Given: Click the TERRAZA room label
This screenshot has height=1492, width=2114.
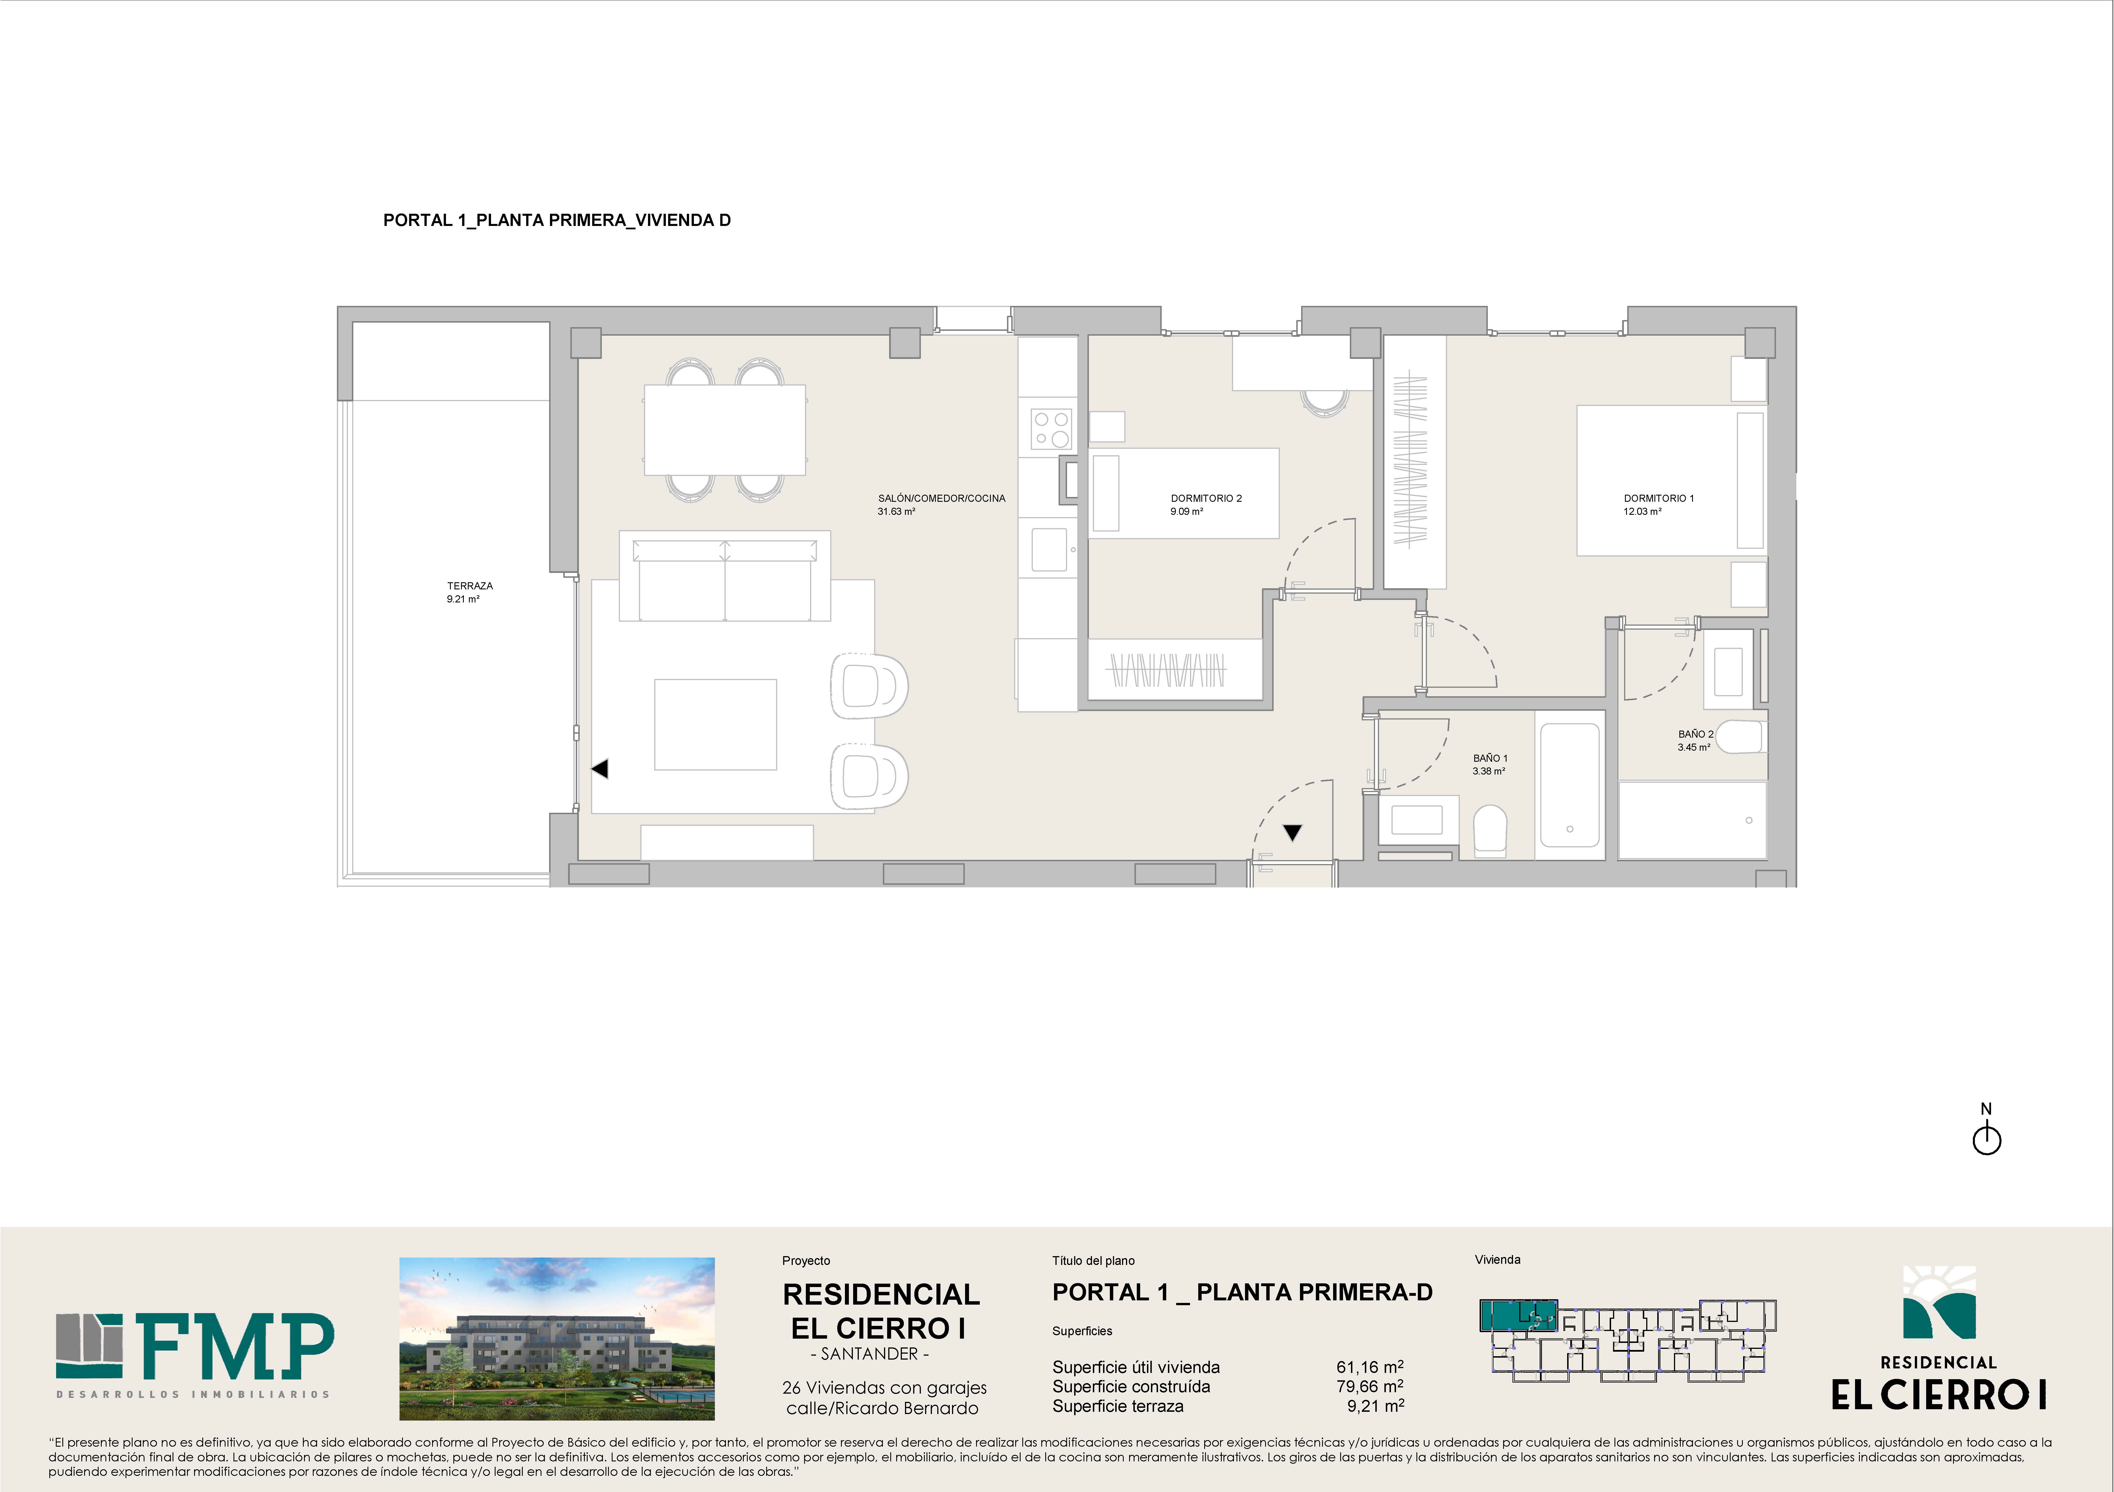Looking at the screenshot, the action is click(469, 586).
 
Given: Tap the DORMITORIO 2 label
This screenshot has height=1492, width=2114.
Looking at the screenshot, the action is click(1206, 498).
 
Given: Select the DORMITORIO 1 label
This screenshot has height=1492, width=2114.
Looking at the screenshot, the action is click(1658, 498).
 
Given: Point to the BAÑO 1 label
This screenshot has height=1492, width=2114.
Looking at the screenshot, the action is click(1490, 758).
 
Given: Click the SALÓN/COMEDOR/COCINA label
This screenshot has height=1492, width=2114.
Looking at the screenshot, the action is click(941, 498).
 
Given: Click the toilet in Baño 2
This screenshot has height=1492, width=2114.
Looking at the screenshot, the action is click(1738, 737).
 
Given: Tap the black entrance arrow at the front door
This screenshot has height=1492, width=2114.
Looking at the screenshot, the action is click(1293, 833).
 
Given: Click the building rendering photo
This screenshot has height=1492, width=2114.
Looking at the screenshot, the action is click(557, 1338).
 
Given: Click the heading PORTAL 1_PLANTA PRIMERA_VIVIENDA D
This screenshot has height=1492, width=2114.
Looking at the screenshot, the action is click(557, 220).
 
